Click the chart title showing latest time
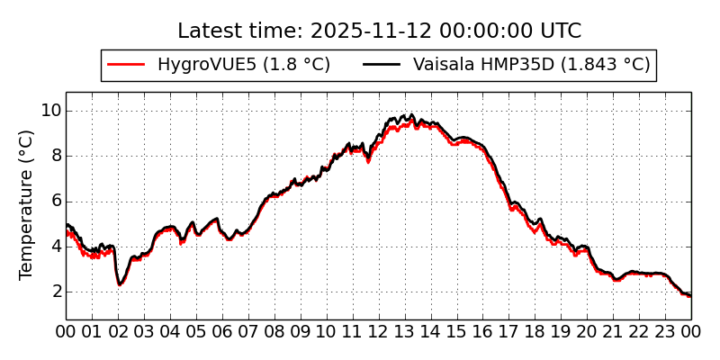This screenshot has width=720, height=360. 379,31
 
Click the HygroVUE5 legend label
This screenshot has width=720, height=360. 244,65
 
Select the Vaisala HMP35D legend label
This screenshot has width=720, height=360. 531,65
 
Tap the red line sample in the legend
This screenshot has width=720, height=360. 126,65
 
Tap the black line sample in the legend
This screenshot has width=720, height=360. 382,65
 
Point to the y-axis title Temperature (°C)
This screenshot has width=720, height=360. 27,204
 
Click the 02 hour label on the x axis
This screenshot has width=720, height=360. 118,332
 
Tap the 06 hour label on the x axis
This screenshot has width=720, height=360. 222,332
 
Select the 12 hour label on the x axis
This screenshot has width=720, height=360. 379,332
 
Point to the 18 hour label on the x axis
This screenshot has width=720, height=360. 535,332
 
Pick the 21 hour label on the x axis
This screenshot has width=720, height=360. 613,332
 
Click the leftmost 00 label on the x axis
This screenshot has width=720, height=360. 66,332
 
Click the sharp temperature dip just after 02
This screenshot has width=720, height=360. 120,283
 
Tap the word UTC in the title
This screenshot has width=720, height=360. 560,31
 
